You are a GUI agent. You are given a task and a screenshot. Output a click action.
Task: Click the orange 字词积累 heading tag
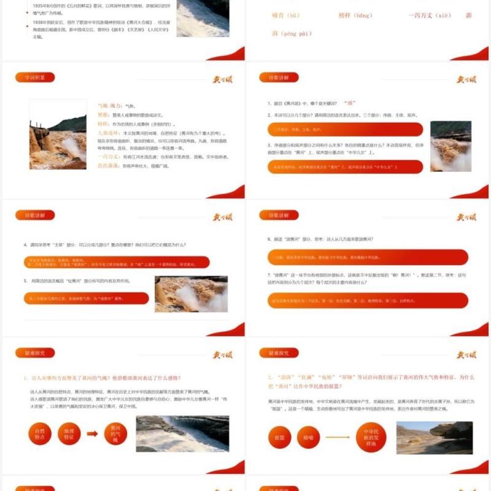click(x=34, y=77)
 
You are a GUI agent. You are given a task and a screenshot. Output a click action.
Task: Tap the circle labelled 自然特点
click(x=39, y=435)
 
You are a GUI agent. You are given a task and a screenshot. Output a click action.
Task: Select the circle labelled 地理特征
click(x=69, y=435)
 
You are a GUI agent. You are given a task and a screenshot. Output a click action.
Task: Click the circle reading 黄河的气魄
click(x=115, y=434)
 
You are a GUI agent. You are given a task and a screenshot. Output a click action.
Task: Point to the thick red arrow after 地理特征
click(x=92, y=435)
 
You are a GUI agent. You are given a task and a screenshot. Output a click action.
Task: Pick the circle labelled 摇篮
click(x=279, y=437)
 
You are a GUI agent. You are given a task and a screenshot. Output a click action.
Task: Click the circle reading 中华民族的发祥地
click(x=371, y=437)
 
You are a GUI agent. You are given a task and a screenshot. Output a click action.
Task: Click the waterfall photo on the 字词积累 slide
click(x=58, y=134)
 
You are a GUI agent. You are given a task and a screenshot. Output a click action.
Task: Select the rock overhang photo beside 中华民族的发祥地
click(x=434, y=437)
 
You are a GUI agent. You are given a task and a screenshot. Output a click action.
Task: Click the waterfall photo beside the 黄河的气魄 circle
click(x=182, y=434)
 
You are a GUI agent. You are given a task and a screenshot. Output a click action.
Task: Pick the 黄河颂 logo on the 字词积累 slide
click(x=222, y=79)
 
